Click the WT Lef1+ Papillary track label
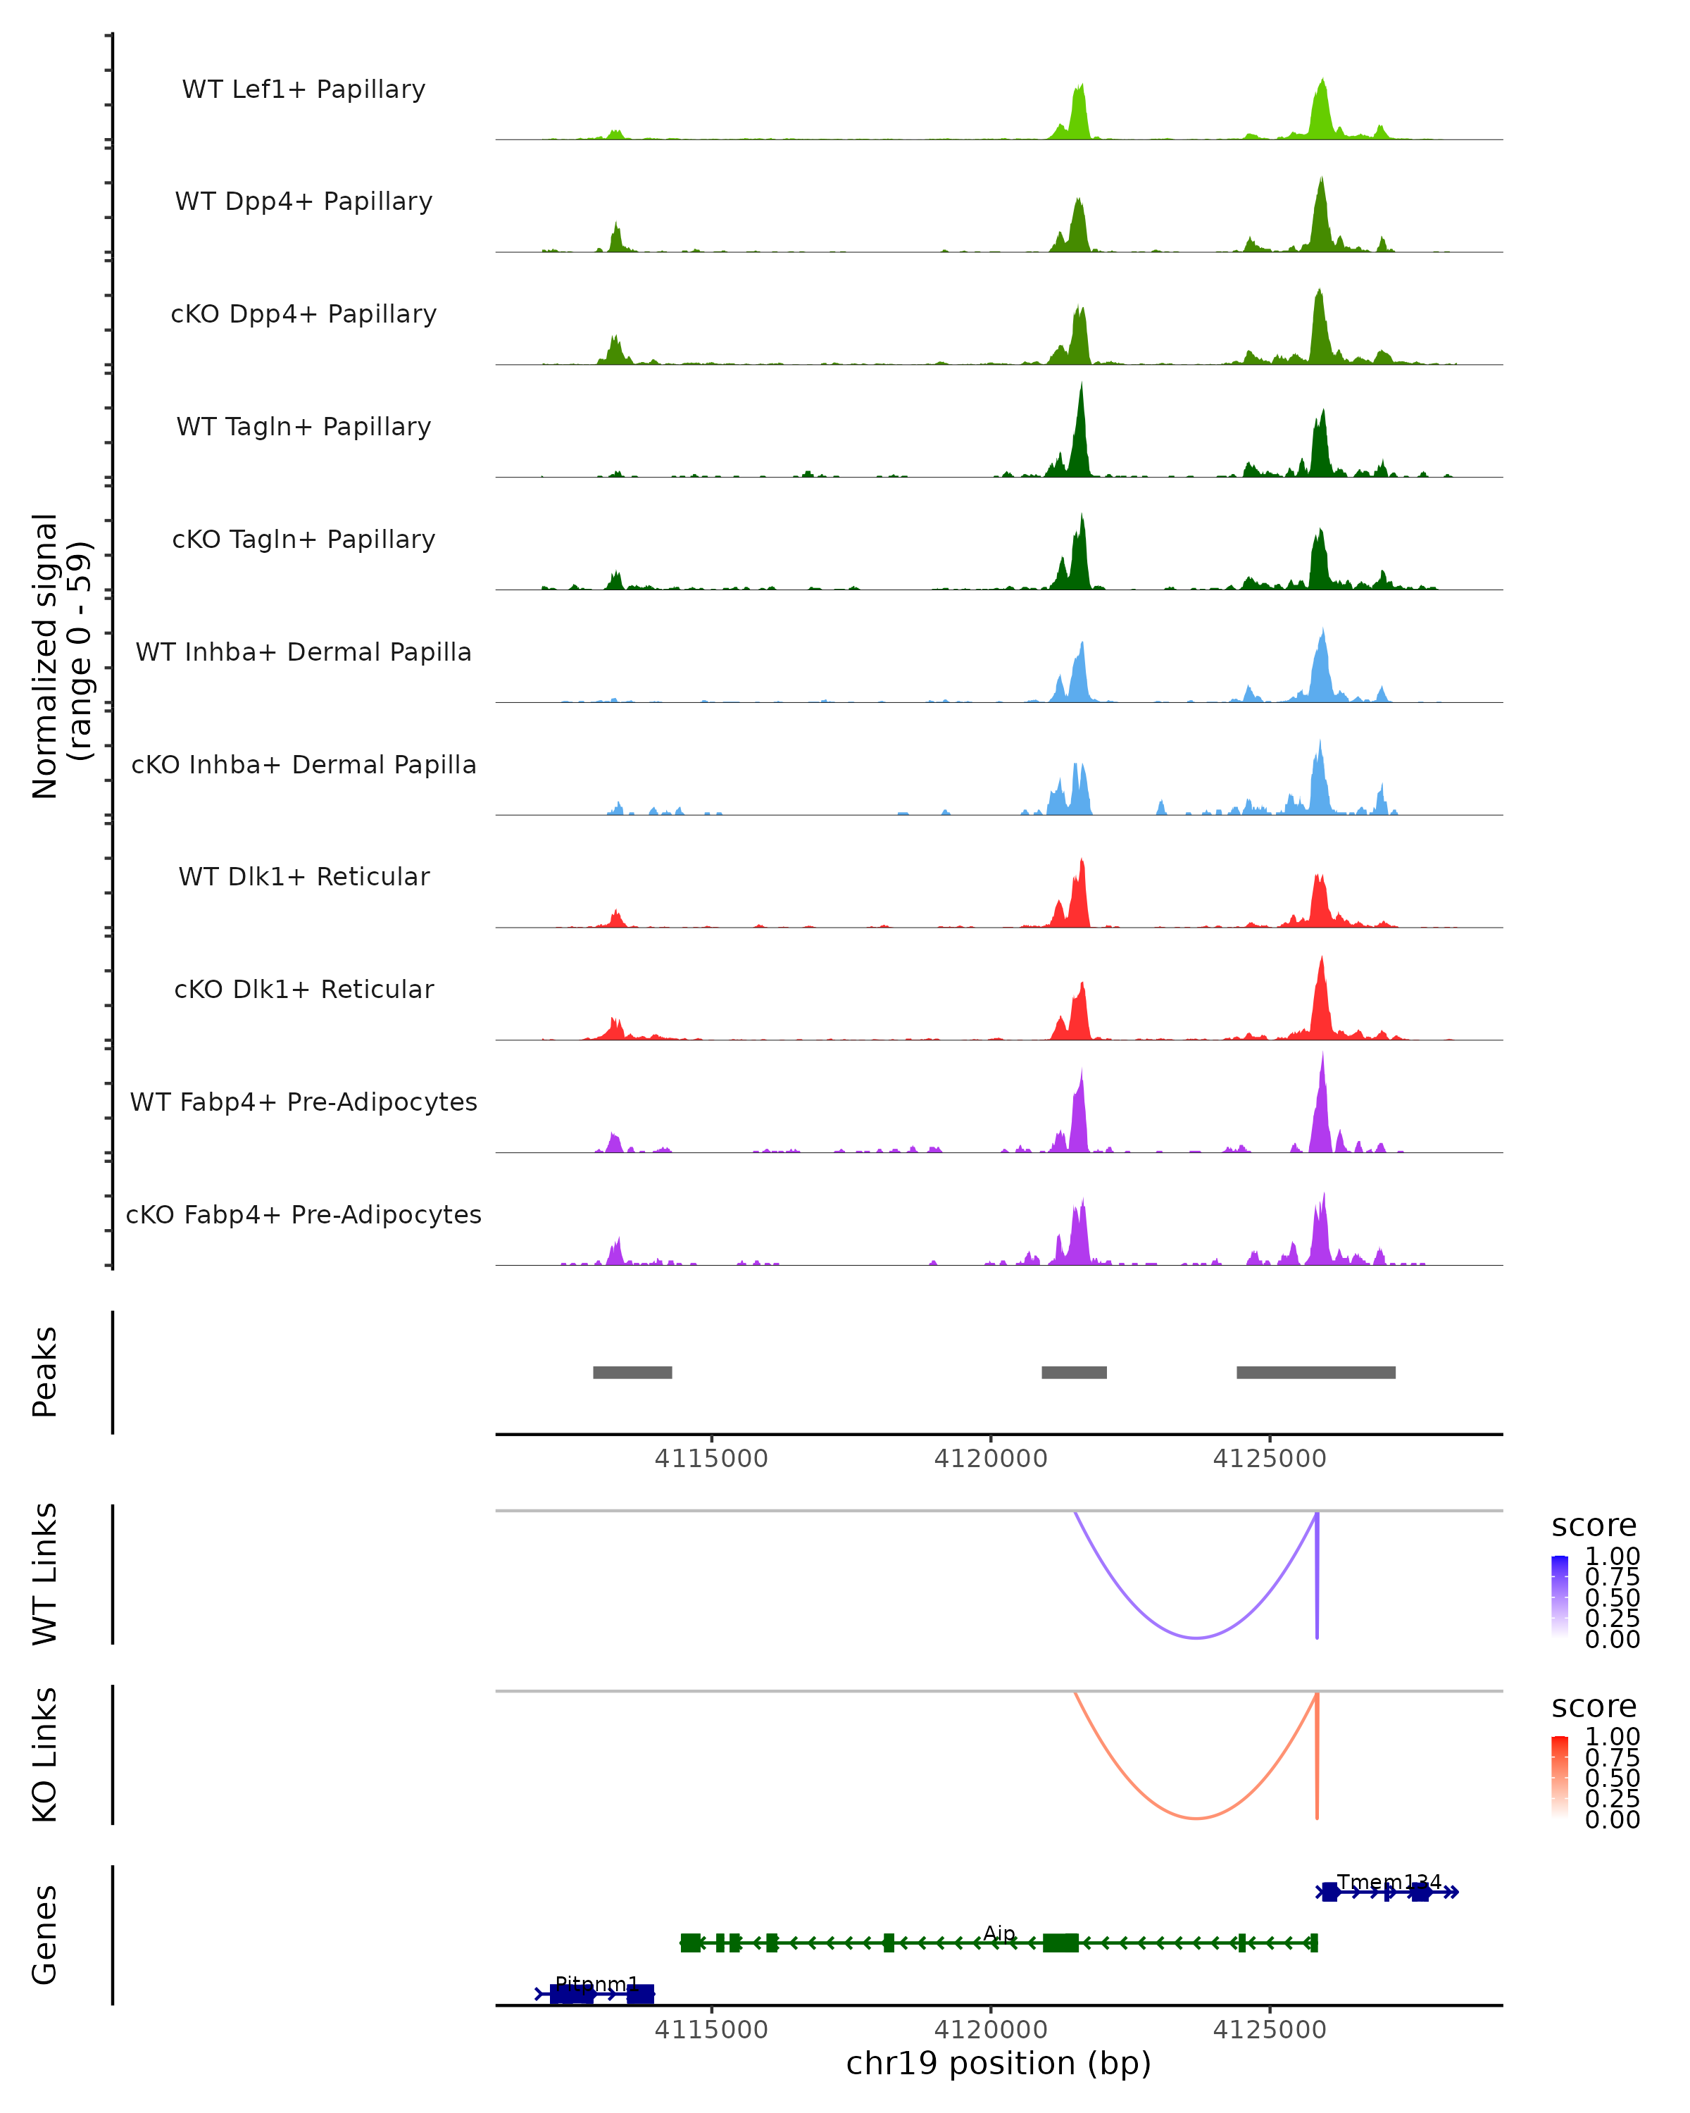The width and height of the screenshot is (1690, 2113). [303, 89]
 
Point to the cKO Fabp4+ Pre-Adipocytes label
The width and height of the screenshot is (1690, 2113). [303, 1214]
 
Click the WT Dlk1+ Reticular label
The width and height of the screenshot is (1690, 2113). [303, 876]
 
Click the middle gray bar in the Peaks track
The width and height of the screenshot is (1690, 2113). [1074, 1372]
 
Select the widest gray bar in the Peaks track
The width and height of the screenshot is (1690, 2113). [1316, 1372]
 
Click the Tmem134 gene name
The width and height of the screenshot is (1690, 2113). [1389, 1882]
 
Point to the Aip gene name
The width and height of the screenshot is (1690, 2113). [999, 1933]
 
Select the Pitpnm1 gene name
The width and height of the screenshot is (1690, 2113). [596, 1983]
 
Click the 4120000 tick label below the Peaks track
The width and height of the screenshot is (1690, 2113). [991, 1459]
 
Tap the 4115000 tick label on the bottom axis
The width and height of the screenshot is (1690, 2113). [711, 2028]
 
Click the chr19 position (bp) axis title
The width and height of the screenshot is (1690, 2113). [999, 2063]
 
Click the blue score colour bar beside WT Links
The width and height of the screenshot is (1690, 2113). [1560, 1595]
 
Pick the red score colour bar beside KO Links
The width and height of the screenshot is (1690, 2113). [1560, 1776]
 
